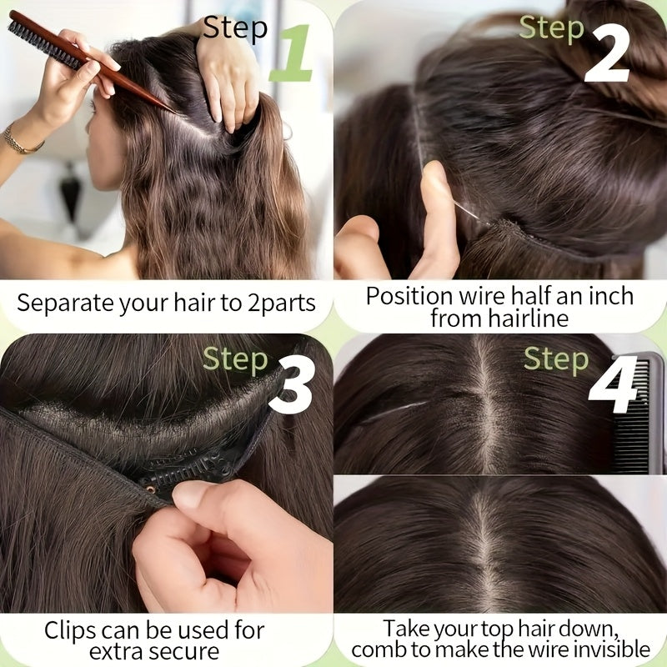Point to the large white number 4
click(x=614, y=385)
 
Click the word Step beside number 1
click(x=235, y=28)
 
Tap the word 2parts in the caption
click(x=282, y=303)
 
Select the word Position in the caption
click(x=409, y=296)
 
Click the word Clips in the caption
click(x=70, y=630)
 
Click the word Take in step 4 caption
click(x=406, y=629)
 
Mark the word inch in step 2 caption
click(x=611, y=296)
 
